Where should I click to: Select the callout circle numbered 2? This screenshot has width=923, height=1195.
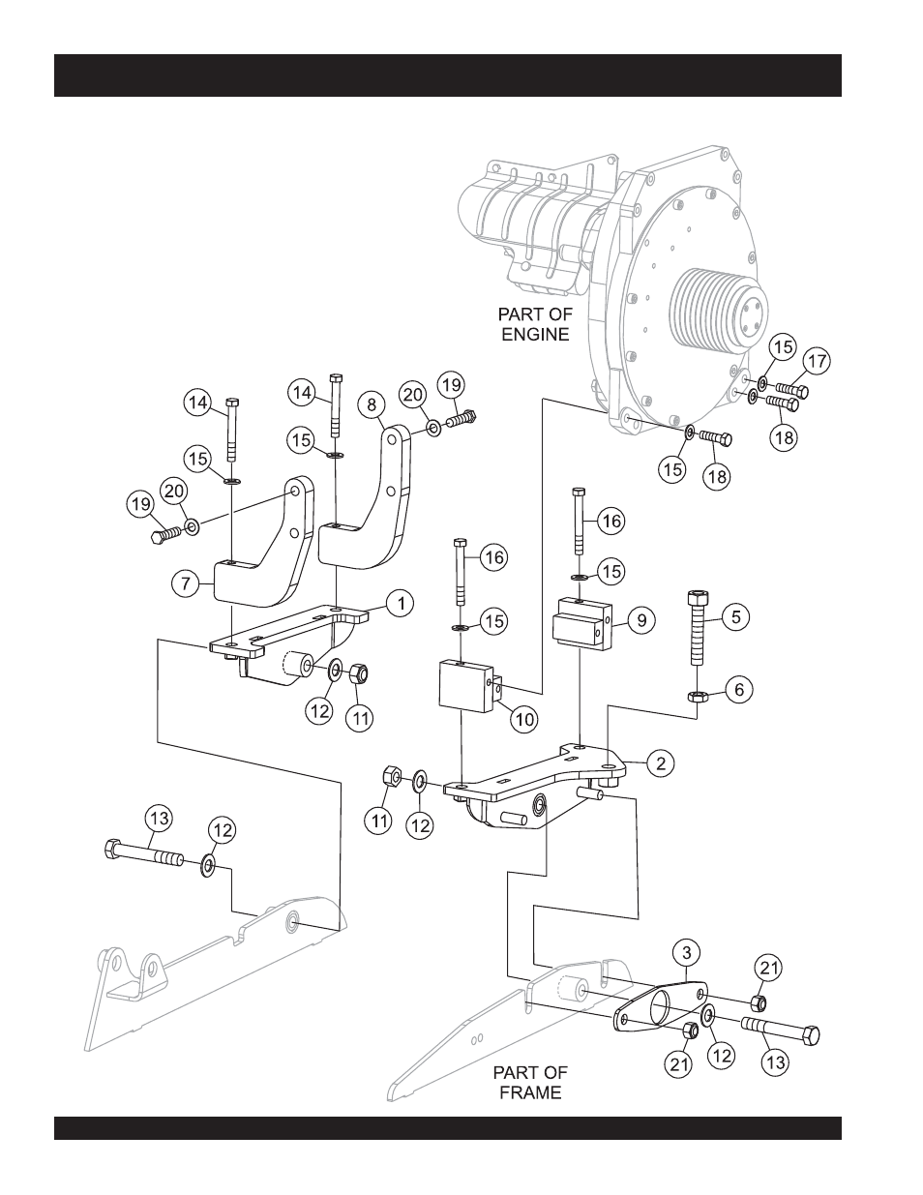coord(660,763)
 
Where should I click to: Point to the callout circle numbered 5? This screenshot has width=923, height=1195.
coord(737,616)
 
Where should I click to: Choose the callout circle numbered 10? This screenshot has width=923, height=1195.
coord(523,718)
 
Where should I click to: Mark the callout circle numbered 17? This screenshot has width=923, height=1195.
coord(817,362)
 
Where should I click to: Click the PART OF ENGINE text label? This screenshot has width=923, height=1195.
coord(535,324)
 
